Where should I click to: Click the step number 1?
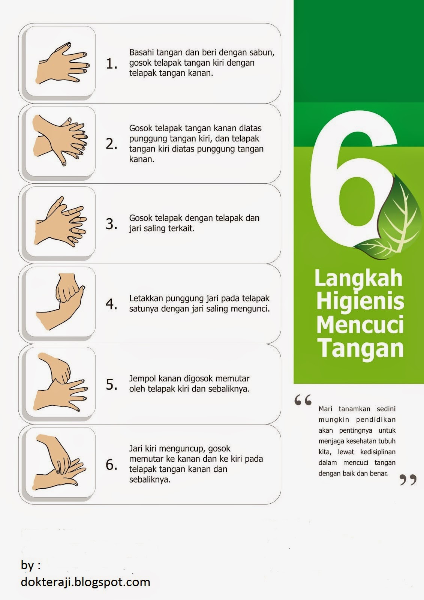111,64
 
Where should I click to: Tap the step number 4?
111,304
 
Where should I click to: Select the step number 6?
111,465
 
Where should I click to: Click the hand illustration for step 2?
60,141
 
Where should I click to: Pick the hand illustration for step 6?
60,462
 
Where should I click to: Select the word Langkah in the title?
358,278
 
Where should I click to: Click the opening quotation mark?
303,400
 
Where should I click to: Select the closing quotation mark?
408,480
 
